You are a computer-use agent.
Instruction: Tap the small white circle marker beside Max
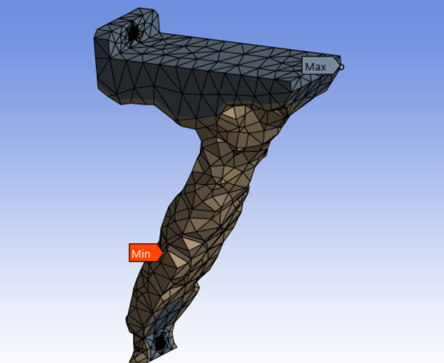coord(341,67)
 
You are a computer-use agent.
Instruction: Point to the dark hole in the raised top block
coord(133,31)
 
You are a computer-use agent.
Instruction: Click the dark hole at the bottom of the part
coord(160,343)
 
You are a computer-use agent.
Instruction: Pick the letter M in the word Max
coord(310,67)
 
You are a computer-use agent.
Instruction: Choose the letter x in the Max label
coord(323,67)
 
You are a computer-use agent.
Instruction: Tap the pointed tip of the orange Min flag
coord(162,253)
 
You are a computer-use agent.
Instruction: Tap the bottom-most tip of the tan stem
coord(131,361)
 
